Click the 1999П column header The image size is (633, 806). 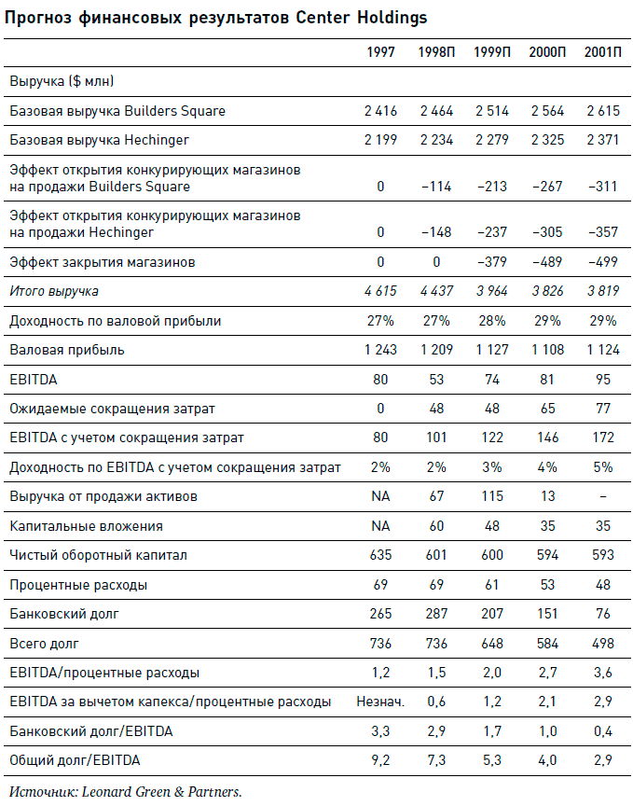pos(491,52)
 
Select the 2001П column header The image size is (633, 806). pos(602,52)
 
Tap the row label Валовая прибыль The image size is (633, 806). pos(66,351)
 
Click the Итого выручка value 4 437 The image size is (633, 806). pos(436,291)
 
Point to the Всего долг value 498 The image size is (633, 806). pos(602,643)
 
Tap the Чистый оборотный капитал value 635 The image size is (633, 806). pos(380,555)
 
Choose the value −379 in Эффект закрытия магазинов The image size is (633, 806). pos(490,262)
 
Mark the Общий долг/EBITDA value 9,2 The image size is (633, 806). pos(380,760)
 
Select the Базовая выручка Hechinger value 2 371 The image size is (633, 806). pos(602,140)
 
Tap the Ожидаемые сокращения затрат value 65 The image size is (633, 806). pos(547,409)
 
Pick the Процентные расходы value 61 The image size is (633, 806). pos(491,585)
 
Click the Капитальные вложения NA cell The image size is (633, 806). pos(380,526)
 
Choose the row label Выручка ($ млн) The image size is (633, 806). pos(62,82)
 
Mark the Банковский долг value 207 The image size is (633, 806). pos(491,614)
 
